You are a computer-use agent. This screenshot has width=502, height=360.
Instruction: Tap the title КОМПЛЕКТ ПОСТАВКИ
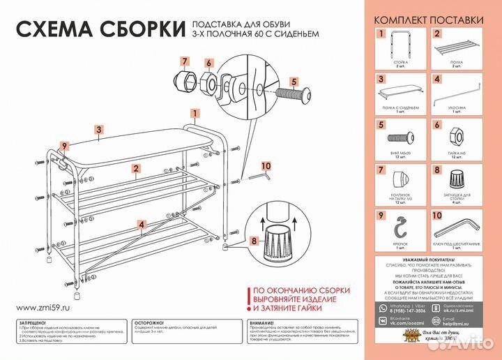tap(428, 20)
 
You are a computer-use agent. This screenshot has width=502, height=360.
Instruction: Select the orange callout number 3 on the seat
tap(100, 129)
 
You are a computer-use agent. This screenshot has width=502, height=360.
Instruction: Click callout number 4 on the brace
tap(142, 225)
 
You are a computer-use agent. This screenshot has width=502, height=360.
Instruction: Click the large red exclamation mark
tap(245, 299)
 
